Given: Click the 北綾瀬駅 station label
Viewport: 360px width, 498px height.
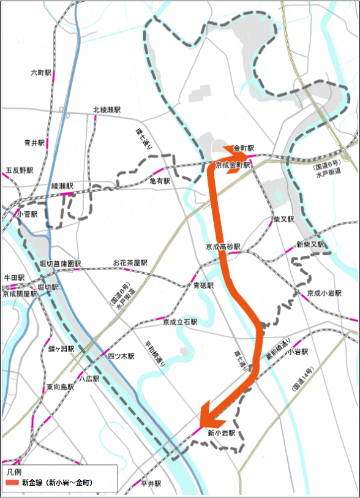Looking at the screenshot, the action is point(107,109).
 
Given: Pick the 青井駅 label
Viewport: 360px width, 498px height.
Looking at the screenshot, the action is point(34,142).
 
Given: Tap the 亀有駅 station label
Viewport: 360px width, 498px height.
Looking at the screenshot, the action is point(161,181).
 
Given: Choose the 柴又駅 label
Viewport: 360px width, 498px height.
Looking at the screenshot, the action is point(283,218).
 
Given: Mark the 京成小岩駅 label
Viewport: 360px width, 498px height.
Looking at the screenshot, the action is point(325,292).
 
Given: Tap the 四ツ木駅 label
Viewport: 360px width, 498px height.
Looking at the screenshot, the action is point(121,356).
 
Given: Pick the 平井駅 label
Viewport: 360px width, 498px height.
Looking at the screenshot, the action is point(150,483).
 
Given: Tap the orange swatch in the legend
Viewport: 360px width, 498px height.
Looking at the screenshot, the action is point(12,483).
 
